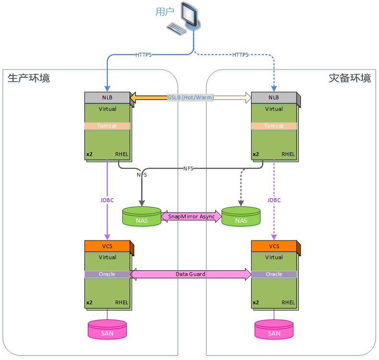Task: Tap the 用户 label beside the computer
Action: click(165, 12)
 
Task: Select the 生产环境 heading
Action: click(29, 78)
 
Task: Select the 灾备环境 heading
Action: click(350, 78)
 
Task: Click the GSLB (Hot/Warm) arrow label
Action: click(190, 97)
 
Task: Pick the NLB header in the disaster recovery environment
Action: click(274, 97)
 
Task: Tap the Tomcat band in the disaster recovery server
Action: click(274, 126)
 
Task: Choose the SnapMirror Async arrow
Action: click(191, 216)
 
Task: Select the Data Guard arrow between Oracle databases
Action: click(190, 274)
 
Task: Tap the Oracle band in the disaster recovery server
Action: click(274, 274)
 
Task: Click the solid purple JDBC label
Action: click(107, 200)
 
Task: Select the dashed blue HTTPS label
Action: click(240, 55)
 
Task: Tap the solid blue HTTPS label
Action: click(143, 55)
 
